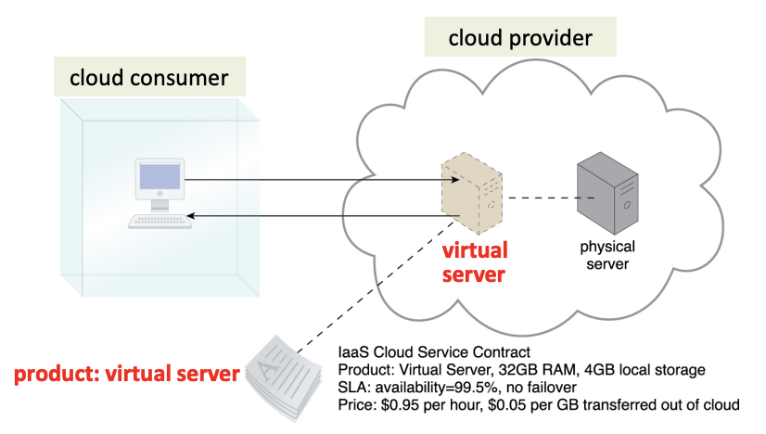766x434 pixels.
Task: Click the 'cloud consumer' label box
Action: (x=148, y=78)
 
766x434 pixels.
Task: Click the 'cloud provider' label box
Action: (x=520, y=39)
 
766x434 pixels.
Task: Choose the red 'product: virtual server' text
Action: (x=126, y=375)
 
